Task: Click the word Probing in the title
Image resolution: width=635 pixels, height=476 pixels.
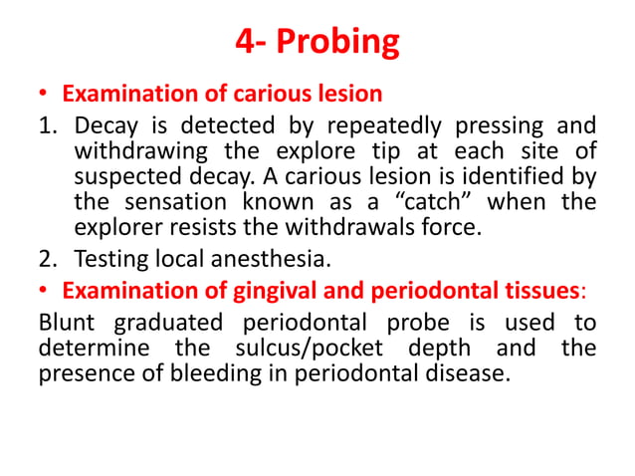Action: click(x=340, y=42)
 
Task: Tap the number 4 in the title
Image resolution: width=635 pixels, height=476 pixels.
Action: click(x=244, y=42)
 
